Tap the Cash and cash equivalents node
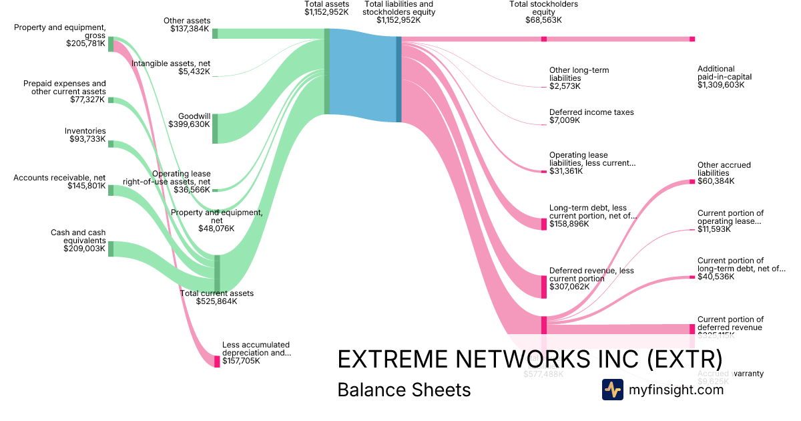111,249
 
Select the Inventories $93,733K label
85,135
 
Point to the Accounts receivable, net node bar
111,190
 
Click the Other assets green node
215,33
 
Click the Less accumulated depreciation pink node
217,362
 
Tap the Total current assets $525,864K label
217,297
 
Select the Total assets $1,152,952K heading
326,8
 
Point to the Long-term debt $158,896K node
544,223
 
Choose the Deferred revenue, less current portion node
544,286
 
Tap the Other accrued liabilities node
692,181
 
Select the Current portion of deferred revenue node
692,329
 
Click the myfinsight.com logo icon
612,390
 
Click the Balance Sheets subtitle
404,390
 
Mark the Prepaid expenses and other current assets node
111,100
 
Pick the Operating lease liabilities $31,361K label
592,163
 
